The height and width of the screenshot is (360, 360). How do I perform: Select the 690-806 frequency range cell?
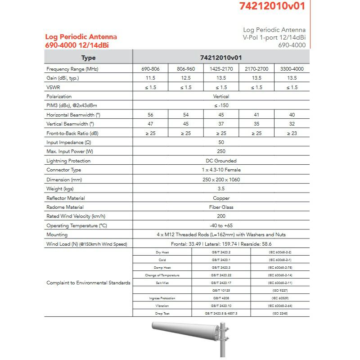pyautogui.click(x=150, y=69)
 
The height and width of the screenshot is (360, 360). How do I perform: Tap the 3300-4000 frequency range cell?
pyautogui.click(x=292, y=69)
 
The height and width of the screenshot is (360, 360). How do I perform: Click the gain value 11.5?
pyautogui.click(x=150, y=78)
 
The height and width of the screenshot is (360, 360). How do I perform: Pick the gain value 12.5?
pyautogui.click(x=185, y=78)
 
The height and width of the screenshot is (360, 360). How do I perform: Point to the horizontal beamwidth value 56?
pyautogui.click(x=150, y=115)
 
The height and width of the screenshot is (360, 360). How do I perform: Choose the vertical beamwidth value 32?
pyautogui.click(x=292, y=124)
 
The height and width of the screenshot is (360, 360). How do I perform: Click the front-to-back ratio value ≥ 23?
pyautogui.click(x=292, y=133)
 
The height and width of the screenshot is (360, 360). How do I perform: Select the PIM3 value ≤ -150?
pyautogui.click(x=221, y=106)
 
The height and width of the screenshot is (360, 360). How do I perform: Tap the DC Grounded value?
pyautogui.click(x=221, y=161)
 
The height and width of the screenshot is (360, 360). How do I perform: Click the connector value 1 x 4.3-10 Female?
pyautogui.click(x=221, y=170)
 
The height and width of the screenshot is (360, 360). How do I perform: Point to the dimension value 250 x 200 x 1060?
pyautogui.click(x=221, y=180)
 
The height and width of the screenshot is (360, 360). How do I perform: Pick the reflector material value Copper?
pyautogui.click(x=221, y=198)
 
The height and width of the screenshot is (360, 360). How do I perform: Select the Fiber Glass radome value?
pyautogui.click(x=221, y=207)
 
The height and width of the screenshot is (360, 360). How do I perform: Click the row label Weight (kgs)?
pyautogui.click(x=60, y=189)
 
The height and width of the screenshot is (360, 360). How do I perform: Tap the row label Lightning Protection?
pyautogui.click(x=68, y=161)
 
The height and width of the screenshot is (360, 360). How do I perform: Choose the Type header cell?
pyautogui.click(x=88, y=58)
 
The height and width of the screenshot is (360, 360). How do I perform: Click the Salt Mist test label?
pyautogui.click(x=162, y=283)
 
